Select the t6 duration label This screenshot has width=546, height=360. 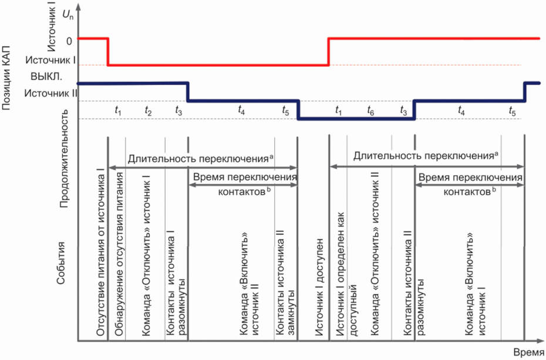pos(370,110)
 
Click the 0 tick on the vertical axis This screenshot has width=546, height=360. pos(69,41)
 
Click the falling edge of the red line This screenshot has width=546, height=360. pos(108,52)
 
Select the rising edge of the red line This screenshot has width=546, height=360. pos(328,52)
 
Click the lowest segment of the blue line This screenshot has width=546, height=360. pos(356,119)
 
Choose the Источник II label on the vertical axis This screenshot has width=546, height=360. pos(50,92)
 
